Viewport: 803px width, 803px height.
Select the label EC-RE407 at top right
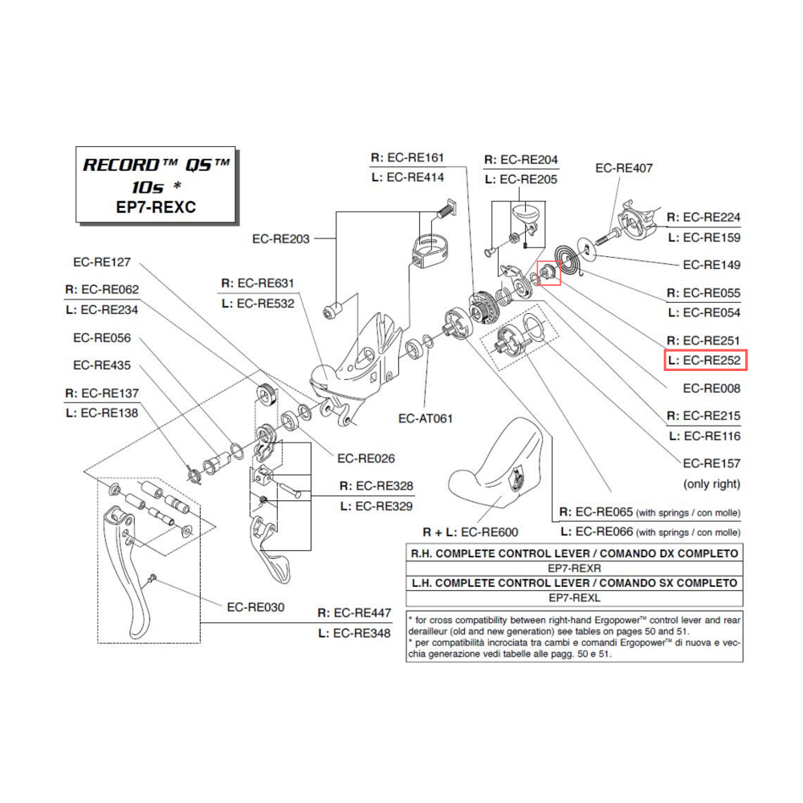(624, 168)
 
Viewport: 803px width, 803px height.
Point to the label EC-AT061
(426, 418)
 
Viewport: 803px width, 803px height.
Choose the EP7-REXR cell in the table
(574, 568)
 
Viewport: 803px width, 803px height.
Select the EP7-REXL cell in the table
(574, 597)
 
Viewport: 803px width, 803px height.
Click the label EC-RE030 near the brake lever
(255, 607)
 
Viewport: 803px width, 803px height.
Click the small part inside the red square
(548, 274)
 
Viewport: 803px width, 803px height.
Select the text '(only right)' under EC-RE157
(711, 484)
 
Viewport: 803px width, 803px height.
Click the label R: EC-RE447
(354, 613)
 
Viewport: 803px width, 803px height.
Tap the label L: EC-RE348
(354, 633)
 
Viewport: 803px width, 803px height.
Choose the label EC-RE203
(280, 238)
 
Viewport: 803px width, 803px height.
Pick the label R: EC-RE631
(257, 283)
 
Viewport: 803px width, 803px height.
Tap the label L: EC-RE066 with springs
(649, 532)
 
